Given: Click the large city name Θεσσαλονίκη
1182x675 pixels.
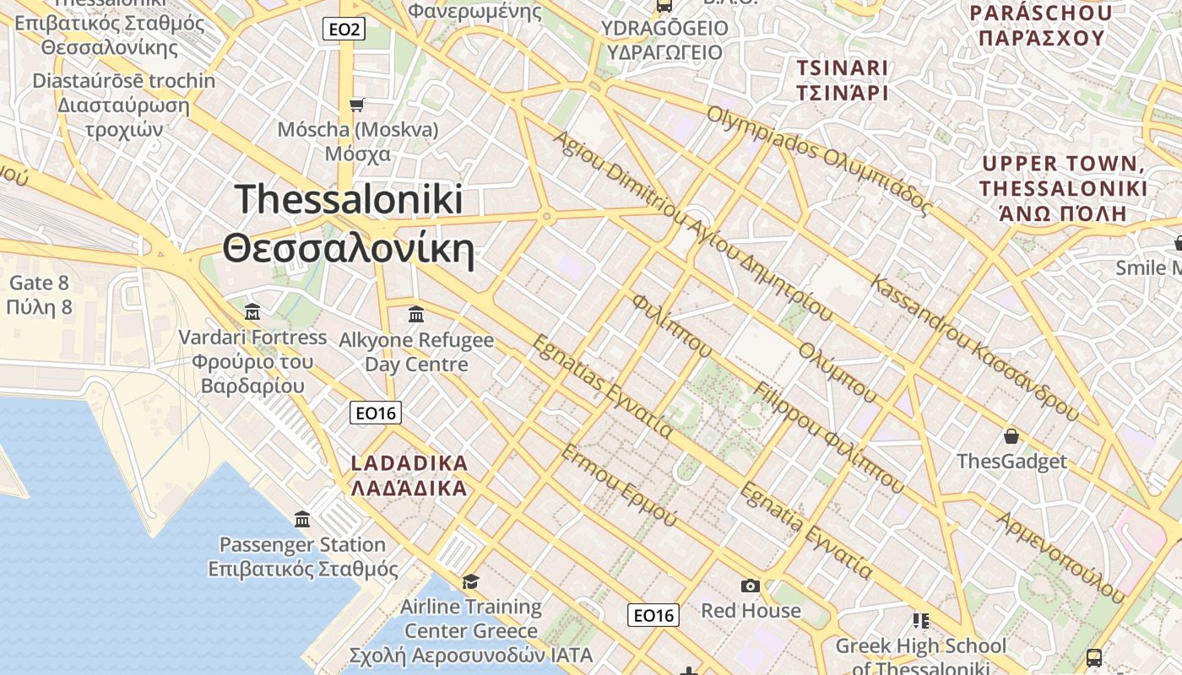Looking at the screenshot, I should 348,250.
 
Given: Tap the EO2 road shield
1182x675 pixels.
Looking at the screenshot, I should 344,30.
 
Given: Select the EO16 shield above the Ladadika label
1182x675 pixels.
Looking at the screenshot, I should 375,413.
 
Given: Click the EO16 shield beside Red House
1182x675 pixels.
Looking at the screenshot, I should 653,615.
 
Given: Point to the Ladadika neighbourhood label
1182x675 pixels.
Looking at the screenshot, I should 409,476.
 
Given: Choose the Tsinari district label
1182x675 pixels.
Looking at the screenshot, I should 843,80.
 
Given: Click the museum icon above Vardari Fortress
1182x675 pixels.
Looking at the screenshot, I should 252,312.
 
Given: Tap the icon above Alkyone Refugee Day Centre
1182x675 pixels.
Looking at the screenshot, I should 416,315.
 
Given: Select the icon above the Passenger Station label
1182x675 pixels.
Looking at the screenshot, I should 302,519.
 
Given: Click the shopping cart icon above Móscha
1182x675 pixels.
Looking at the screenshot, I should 357,105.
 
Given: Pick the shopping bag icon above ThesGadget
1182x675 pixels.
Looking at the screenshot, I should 1011,436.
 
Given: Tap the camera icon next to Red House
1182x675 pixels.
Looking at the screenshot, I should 750,586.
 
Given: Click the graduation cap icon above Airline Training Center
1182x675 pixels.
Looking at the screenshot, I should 470,581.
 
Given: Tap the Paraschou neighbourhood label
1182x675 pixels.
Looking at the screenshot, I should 1040,25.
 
